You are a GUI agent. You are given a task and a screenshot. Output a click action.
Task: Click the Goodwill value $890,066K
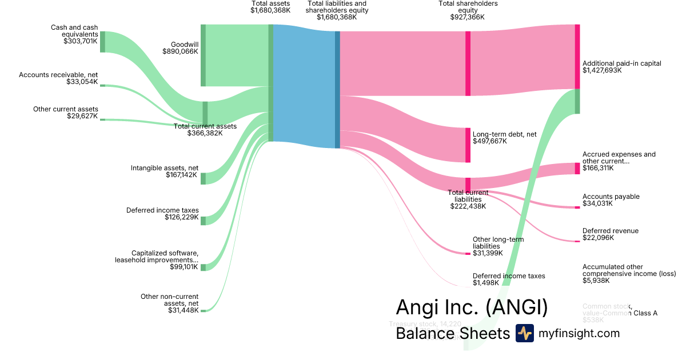(180, 51)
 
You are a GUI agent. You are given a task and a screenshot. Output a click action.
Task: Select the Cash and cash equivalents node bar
(102, 42)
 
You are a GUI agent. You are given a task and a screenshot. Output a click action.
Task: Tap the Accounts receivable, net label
(58, 75)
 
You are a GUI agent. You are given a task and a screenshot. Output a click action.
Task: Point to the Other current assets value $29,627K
(82, 116)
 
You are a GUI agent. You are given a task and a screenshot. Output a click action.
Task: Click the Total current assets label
(205, 126)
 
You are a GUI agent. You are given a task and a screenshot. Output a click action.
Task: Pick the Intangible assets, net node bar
(203, 178)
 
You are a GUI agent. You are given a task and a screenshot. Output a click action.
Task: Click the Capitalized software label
(165, 253)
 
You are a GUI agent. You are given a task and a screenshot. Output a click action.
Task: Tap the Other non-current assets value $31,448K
(182, 310)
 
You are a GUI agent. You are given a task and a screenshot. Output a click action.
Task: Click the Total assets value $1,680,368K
(270, 10)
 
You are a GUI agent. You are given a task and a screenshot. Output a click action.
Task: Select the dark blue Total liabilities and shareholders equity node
(337, 89)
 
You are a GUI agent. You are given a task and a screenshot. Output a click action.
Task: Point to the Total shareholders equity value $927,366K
(468, 17)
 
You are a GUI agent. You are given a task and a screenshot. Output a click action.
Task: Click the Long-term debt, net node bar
(468, 145)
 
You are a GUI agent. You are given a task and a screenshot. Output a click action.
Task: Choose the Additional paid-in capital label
(621, 63)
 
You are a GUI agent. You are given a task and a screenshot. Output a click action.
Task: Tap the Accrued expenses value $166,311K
(602, 168)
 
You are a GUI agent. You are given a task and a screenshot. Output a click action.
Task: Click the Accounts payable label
(611, 197)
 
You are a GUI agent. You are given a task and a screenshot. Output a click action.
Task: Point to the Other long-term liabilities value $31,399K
(488, 253)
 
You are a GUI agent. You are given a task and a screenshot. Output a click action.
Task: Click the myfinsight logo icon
(524, 333)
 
